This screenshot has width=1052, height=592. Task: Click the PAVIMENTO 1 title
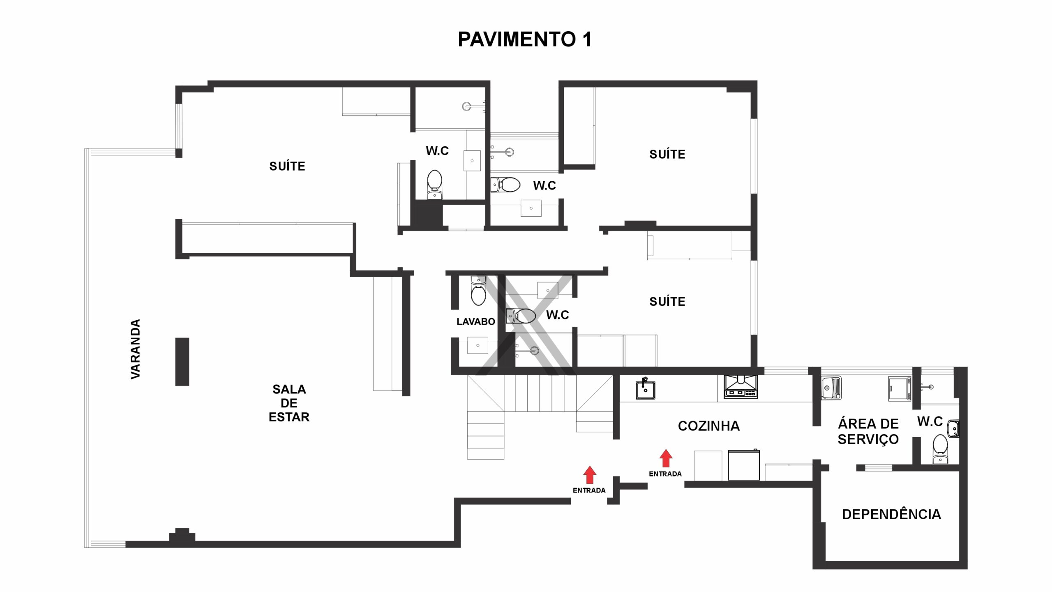tap(524, 39)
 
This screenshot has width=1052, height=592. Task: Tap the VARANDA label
tap(135, 349)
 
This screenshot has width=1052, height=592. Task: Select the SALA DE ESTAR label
tap(289, 403)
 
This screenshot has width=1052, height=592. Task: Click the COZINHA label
tap(709, 426)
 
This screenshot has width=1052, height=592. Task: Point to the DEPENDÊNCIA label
tap(891, 514)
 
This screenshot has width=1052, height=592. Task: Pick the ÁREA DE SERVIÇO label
tap(868, 431)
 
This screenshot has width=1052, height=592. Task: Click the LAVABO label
tap(476, 321)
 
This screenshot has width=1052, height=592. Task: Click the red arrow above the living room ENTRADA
tap(590, 475)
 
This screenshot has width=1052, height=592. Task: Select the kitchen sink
tap(645, 389)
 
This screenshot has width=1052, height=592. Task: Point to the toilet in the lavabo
tap(478, 291)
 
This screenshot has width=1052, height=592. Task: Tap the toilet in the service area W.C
tap(940, 449)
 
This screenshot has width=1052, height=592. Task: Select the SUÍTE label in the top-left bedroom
tap(287, 166)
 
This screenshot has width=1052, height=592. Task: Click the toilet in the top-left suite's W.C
tap(434, 185)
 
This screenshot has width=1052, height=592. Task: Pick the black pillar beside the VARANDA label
tap(182, 362)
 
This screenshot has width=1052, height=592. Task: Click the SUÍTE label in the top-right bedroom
tap(667, 154)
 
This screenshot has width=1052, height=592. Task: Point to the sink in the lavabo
tap(478, 346)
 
